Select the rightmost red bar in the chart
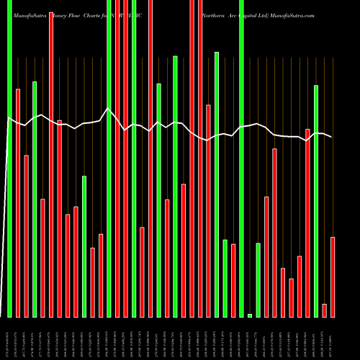tap(333, 276)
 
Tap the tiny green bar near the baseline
tap(250, 315)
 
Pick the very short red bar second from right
tap(324, 310)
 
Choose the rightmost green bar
tap(316, 201)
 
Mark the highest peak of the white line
tap(109, 109)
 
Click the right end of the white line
tap(332, 137)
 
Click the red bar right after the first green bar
tap(18, 202)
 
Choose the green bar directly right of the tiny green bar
tap(258, 280)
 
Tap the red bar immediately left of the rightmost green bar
tap(307, 223)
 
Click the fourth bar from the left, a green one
tap(35, 199)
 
